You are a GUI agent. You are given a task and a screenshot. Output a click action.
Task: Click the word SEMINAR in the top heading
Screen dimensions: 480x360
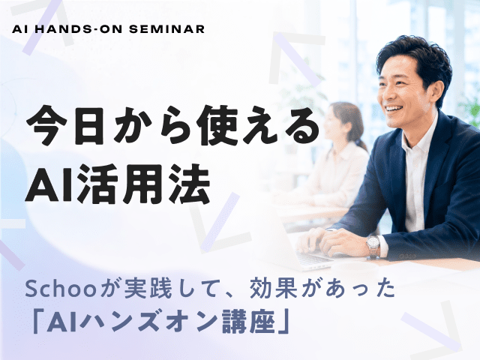pos(166,29)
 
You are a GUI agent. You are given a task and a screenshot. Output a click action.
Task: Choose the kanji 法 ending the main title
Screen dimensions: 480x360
pos(191,184)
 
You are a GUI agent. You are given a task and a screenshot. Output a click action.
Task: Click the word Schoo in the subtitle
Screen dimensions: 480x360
pos(61,289)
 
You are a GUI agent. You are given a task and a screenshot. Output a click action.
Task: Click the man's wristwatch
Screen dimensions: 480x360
pos(373,244)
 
